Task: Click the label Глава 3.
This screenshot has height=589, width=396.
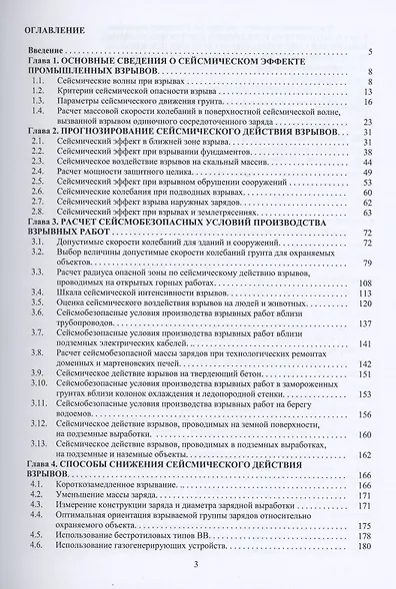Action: click(45, 223)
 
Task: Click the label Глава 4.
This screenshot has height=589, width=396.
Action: click(45, 465)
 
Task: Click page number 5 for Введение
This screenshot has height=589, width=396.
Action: click(370, 51)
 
